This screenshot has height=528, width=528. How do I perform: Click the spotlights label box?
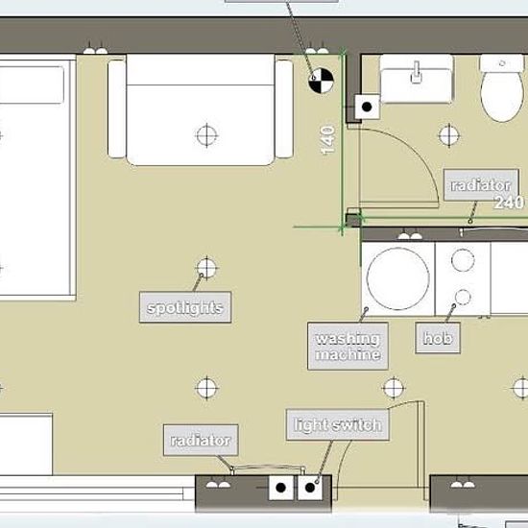pos(185,307)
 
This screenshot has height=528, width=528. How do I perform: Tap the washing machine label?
pos(348,347)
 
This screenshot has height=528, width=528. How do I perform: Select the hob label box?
pos(438,338)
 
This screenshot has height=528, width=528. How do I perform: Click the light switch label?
pos(338,425)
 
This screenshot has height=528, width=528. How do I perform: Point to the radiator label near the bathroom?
pos(481,185)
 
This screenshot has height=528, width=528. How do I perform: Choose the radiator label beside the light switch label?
pos(201,440)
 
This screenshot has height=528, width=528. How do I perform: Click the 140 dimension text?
pos(327,140)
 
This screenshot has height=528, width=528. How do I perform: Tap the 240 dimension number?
pos(509,203)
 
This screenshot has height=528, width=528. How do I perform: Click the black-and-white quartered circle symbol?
pos(321,81)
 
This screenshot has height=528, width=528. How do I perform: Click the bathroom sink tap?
pos(417,72)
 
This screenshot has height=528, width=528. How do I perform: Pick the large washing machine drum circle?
pos(398,278)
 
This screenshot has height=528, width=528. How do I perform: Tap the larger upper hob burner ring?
pos(463,260)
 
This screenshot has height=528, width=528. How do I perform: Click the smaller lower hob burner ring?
pos(463,297)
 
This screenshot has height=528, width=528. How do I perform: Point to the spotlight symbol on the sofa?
pos(206,135)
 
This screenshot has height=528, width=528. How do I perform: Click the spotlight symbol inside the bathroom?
pos(449,135)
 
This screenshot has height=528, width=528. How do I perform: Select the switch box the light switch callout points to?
pos(310,488)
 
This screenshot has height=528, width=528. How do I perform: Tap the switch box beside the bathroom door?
pos(367,107)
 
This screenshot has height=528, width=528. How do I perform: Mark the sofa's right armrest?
pos(284,108)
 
